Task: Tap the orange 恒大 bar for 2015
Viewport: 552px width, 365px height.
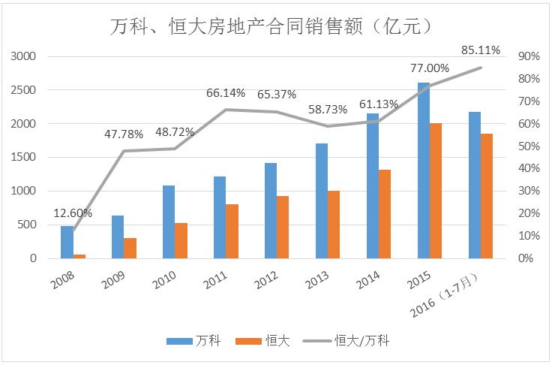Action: point(436,191)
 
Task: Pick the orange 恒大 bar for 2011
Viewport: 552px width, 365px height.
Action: point(232,231)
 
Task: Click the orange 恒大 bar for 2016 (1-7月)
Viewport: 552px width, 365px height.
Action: point(487,196)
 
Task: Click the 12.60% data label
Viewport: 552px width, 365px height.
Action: point(73,212)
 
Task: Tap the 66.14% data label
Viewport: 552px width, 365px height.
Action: point(226,93)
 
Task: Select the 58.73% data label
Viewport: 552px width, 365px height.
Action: point(328,110)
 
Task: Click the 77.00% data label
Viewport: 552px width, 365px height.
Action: point(429,68)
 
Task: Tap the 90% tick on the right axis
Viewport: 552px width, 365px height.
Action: point(529,56)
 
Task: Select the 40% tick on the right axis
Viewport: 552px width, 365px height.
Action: point(529,168)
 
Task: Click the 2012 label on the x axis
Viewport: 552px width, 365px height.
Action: point(266,281)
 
